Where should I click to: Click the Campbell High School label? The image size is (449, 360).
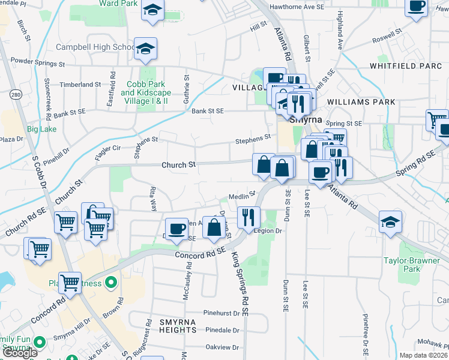(95, 47)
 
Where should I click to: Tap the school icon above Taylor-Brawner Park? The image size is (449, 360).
(391, 223)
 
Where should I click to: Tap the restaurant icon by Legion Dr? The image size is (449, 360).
(248, 216)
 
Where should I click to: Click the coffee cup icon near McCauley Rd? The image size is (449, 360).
(176, 229)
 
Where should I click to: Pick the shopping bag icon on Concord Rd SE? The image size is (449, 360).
(214, 227)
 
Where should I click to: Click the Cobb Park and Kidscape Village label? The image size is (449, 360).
(146, 93)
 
